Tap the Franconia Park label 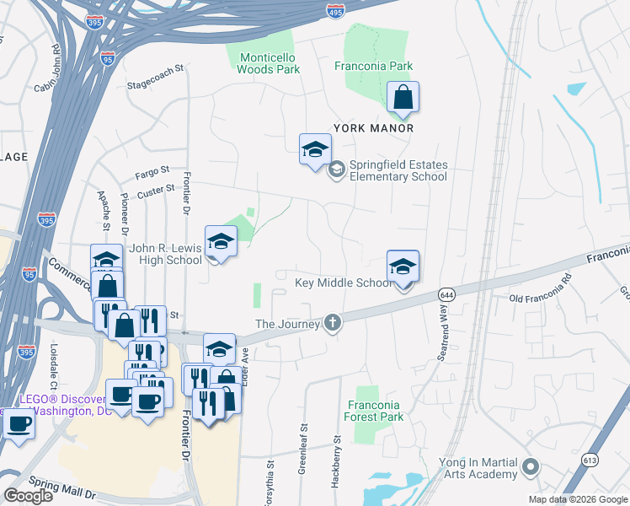pos(373,65)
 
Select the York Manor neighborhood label pos(373,128)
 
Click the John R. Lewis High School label pos(165,255)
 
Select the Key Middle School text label pos(344,283)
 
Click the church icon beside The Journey pos(334,322)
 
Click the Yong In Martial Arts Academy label pos(478,468)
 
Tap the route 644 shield pos(447,294)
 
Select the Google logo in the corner pos(29,496)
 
